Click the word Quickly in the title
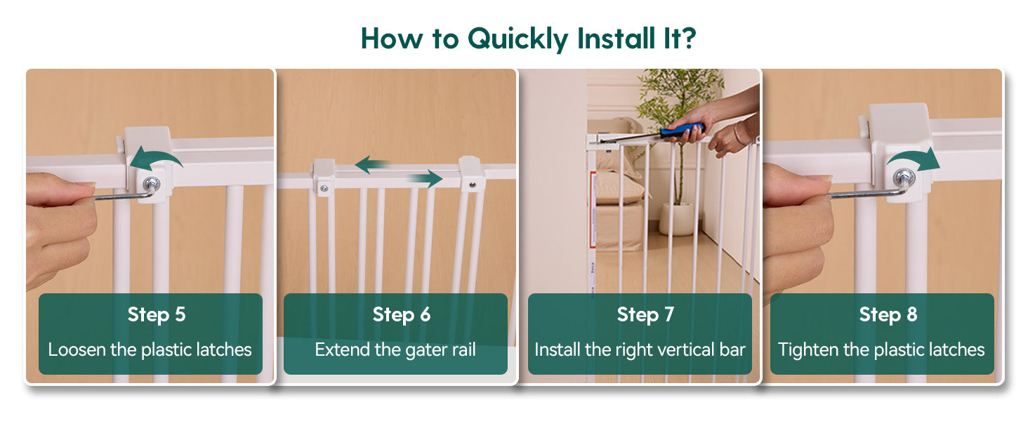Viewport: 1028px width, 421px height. coord(518,39)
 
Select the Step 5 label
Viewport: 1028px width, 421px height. coord(157,315)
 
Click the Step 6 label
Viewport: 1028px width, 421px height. coord(402,315)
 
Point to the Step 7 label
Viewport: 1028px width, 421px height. coord(645,315)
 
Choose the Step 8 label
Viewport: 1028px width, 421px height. coord(888,315)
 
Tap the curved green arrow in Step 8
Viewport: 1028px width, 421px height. coord(914,159)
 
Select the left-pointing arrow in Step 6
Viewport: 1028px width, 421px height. coord(372,164)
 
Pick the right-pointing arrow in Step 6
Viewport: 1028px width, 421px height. coord(425,178)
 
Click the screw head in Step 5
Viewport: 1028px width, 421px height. coord(151,185)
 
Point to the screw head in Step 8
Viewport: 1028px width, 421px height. coord(904,177)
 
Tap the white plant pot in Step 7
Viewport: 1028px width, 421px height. coord(676,219)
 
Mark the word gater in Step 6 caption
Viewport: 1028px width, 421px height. coord(426,351)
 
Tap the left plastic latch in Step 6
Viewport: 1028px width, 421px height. coord(324,178)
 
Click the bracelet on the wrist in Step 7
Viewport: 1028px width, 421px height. coord(739,133)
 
